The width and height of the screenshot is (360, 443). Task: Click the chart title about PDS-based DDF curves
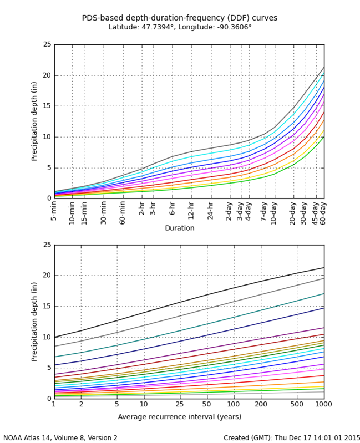[x=180, y=18]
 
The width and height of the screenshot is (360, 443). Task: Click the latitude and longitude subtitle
[x=180, y=27]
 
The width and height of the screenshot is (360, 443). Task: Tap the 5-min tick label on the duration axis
[x=54, y=211]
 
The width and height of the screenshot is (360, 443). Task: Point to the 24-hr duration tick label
[x=211, y=211]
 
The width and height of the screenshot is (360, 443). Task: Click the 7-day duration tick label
[x=264, y=211]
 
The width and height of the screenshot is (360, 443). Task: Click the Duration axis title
[x=180, y=228]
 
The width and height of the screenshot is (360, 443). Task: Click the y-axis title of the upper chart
[x=34, y=121]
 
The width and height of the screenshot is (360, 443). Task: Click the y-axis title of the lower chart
[x=34, y=322]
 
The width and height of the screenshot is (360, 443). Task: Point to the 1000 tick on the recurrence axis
[x=324, y=404]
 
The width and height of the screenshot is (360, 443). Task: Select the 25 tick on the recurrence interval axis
[x=180, y=404]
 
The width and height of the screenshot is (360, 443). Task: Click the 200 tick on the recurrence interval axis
[x=261, y=404]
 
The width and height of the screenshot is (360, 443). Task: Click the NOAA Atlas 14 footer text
[x=60, y=438]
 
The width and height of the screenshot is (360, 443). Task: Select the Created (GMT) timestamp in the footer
[x=292, y=438]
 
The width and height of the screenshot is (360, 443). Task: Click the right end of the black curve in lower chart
[x=323, y=268]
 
